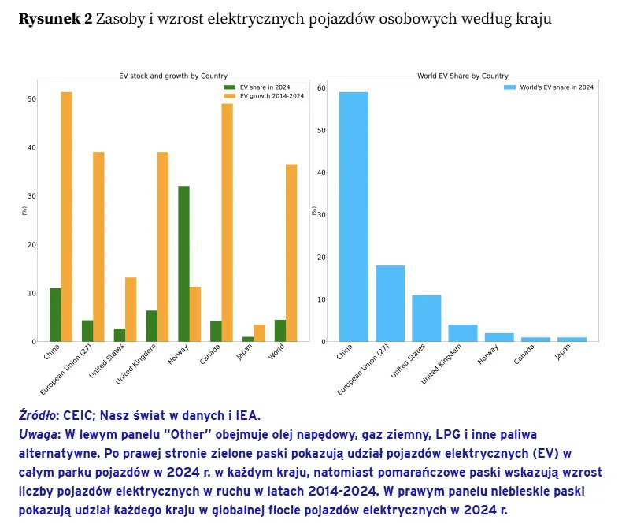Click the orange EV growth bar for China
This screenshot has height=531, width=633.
[66, 217]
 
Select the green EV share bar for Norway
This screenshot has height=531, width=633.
[183, 264]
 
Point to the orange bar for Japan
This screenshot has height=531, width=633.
[259, 333]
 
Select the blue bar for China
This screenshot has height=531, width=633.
[354, 217]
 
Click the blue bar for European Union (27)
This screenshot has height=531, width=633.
[390, 303]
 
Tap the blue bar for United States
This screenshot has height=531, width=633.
[426, 318]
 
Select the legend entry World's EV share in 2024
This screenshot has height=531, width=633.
[556, 87]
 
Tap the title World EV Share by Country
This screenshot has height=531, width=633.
[463, 76]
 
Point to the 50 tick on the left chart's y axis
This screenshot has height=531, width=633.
[31, 99]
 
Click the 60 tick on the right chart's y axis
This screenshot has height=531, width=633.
[320, 88]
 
